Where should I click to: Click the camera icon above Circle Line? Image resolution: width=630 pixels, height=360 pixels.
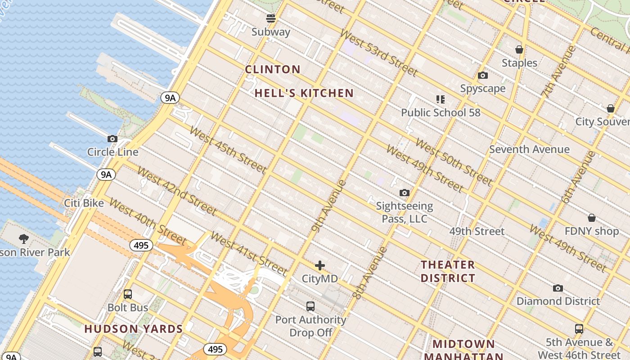(x=112, y=139)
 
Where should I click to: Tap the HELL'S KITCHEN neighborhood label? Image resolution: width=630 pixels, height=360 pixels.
(x=304, y=93)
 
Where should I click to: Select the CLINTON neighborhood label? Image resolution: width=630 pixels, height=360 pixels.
(x=273, y=69)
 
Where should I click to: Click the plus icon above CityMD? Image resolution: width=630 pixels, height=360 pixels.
(x=320, y=265)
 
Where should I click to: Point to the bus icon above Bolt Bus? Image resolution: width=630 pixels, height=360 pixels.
(x=128, y=294)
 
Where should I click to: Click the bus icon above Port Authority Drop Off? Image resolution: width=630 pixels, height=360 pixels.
(x=310, y=306)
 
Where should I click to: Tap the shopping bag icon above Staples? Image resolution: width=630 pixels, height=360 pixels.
(x=519, y=49)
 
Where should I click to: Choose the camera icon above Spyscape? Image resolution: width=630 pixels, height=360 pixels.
(x=483, y=75)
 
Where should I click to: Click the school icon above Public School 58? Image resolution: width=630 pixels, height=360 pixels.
(x=441, y=99)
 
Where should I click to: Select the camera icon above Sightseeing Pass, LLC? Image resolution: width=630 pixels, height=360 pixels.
(x=405, y=193)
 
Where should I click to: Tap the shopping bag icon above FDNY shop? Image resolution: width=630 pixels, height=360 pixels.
(x=592, y=218)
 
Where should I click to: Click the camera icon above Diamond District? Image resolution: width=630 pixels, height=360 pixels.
(x=558, y=288)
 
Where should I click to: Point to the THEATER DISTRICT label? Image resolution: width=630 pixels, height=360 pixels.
(x=448, y=271)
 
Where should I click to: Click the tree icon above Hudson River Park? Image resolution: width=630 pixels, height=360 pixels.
(x=24, y=239)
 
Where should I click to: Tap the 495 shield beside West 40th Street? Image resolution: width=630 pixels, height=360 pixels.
(x=141, y=245)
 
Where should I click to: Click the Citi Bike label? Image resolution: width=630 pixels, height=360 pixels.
(x=84, y=203)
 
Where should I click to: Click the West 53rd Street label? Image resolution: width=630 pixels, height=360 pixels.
(x=379, y=53)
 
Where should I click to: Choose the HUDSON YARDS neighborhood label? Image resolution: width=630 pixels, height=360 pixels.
(x=134, y=329)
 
